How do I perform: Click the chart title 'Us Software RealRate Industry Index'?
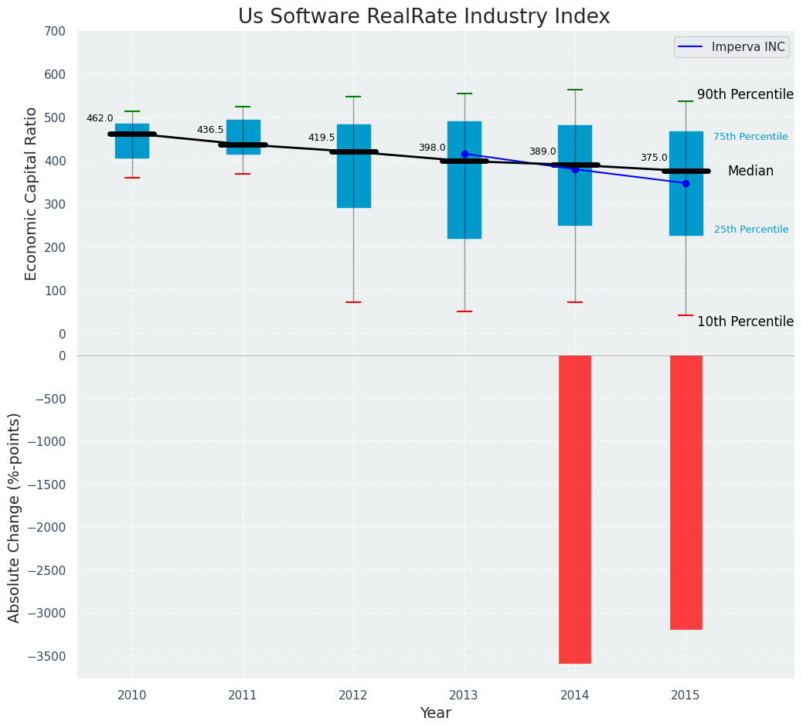[424, 17]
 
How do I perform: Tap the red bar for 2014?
[575, 509]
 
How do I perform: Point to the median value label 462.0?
[100, 118]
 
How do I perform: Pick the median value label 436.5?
[210, 130]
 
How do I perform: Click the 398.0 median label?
[432, 148]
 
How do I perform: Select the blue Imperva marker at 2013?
[464, 154]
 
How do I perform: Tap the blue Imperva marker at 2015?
[686, 183]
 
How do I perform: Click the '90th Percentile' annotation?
[745, 94]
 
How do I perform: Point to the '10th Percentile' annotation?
[745, 321]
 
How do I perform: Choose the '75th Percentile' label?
[750, 137]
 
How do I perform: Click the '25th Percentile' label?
[751, 230]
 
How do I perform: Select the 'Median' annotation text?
[750, 172]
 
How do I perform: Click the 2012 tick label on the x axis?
[353, 696]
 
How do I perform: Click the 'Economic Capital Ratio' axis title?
[32, 193]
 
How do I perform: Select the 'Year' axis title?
[435, 713]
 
